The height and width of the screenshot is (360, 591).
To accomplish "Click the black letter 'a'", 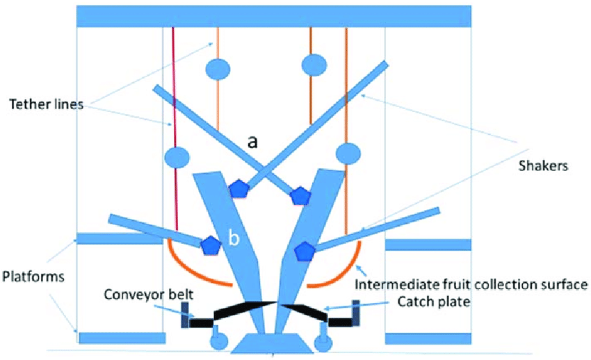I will pos(253,142).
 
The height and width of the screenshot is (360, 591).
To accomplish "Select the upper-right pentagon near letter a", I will pos(300,195).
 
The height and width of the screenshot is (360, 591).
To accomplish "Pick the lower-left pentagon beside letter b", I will pos(210,245).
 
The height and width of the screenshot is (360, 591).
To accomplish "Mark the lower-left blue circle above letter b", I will pos(177,156).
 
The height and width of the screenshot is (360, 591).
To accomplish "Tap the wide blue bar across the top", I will pos(275,16).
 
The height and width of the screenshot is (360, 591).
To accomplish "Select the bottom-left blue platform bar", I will pos(122,338).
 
